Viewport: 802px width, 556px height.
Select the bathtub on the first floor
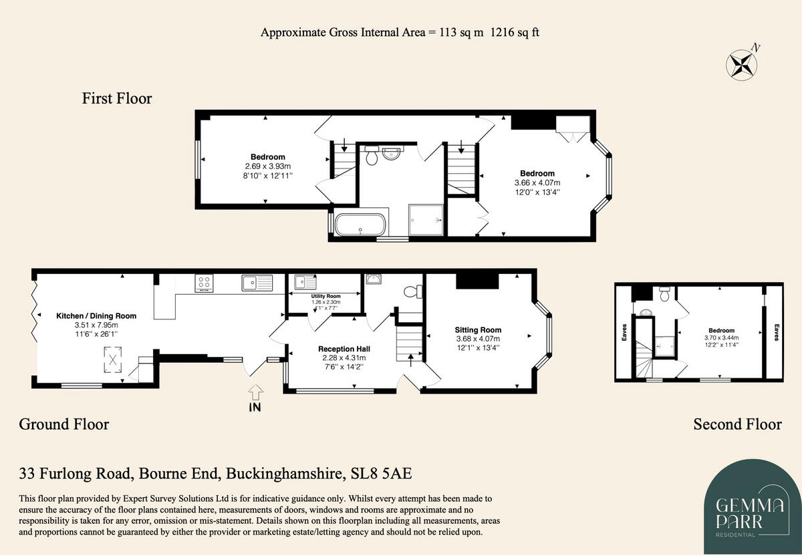pos(360,224)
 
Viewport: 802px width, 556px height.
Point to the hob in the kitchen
pos(204,283)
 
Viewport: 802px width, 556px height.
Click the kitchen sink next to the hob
pos(257,283)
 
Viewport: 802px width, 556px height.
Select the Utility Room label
pos(325,296)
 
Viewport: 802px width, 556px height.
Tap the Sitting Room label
pos(478,329)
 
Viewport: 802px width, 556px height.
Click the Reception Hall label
pos(344,349)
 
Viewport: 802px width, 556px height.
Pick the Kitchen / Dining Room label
pos(87,316)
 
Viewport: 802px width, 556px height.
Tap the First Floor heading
pos(117,99)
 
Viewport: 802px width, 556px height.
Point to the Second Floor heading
pos(737,424)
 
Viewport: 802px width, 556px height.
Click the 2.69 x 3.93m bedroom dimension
pos(267,166)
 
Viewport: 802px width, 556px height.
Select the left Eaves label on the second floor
pos(623,332)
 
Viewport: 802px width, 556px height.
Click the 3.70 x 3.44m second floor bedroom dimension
pos(721,338)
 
